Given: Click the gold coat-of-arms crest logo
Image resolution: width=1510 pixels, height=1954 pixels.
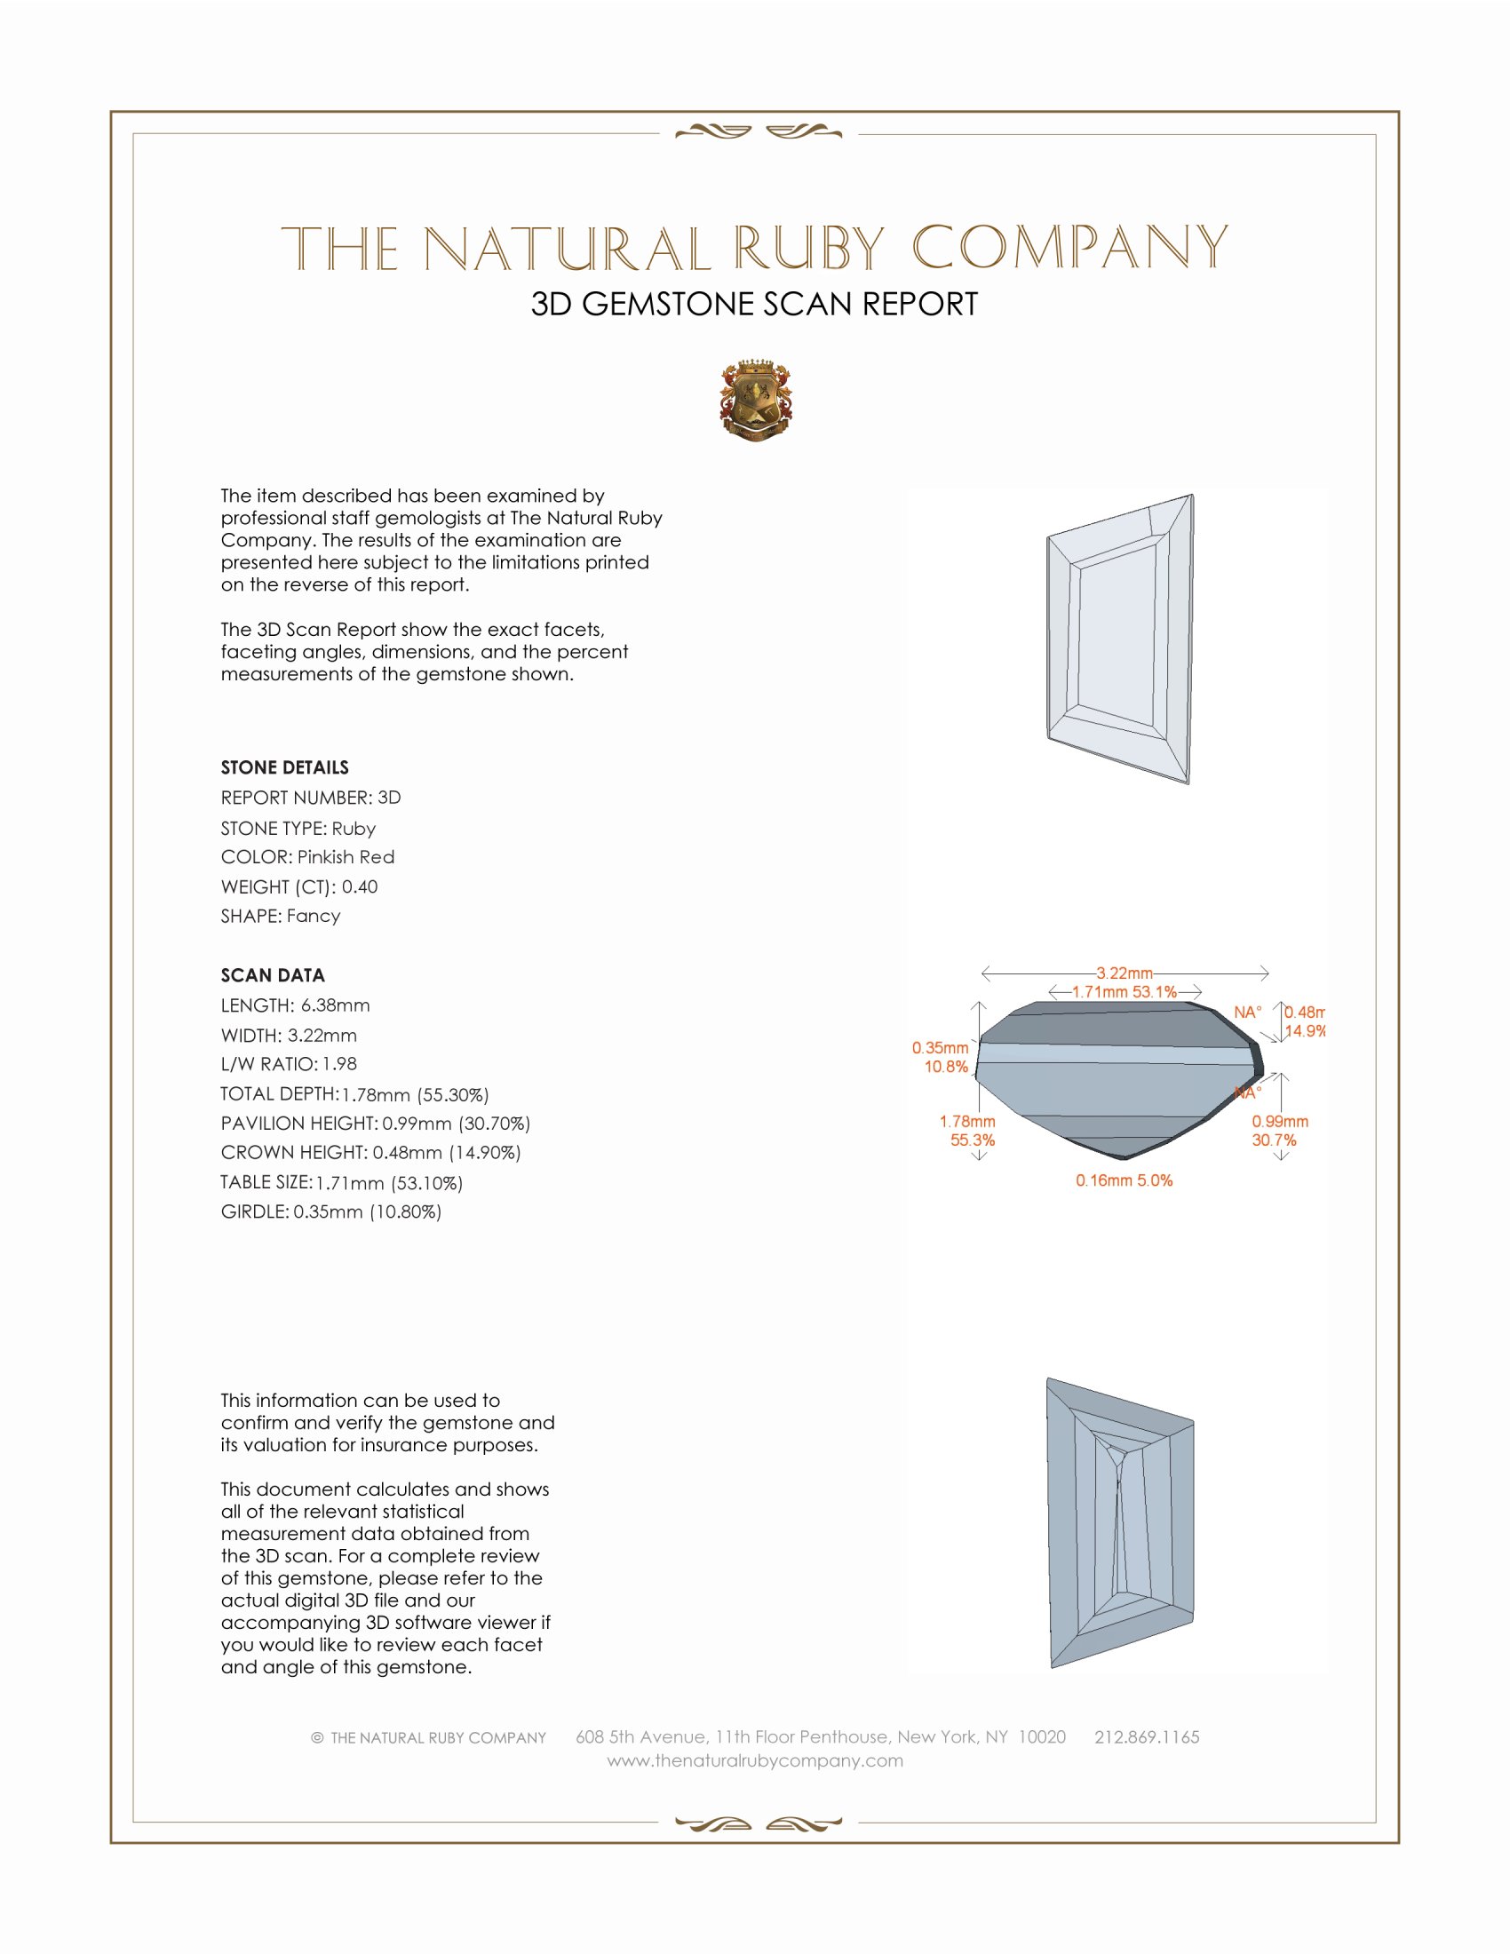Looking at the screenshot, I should (x=756, y=401).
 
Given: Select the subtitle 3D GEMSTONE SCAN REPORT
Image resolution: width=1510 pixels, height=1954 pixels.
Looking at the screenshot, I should (x=754, y=305).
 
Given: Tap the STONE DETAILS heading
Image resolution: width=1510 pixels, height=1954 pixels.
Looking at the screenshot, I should (x=284, y=767).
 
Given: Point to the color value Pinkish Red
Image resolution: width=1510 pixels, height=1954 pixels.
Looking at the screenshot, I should (x=346, y=857).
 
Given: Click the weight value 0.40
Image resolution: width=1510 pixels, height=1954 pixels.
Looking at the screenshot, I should (x=360, y=886).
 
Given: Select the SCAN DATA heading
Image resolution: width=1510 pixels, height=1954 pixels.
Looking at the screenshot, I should (x=273, y=975).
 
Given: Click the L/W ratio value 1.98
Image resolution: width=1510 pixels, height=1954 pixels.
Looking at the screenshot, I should (x=340, y=1065).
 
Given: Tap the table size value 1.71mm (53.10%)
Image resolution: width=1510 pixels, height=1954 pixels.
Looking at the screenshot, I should (x=389, y=1184).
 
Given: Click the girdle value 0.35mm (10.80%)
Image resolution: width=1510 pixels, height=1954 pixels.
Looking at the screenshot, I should (x=368, y=1212).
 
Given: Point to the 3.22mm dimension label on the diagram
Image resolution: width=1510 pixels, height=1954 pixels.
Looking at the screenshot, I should (x=1125, y=973).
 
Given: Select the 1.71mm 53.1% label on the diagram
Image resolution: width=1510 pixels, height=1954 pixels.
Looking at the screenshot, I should (x=1125, y=992).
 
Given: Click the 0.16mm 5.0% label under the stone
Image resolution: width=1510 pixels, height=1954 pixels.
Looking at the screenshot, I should (x=1125, y=1181).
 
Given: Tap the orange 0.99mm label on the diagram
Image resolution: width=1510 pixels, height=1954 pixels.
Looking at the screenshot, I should (x=1280, y=1122).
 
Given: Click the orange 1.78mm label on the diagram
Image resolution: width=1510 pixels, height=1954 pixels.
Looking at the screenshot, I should (x=967, y=1122).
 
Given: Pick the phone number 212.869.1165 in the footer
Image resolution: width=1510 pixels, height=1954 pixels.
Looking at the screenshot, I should (x=1147, y=1737).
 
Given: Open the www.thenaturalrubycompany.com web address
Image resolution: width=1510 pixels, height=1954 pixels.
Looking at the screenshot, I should (x=755, y=1760).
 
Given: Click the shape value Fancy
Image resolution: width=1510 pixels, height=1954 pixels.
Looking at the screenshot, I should (x=314, y=917).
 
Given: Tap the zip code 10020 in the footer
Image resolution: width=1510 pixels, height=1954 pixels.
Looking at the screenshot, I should (x=1042, y=1737).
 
